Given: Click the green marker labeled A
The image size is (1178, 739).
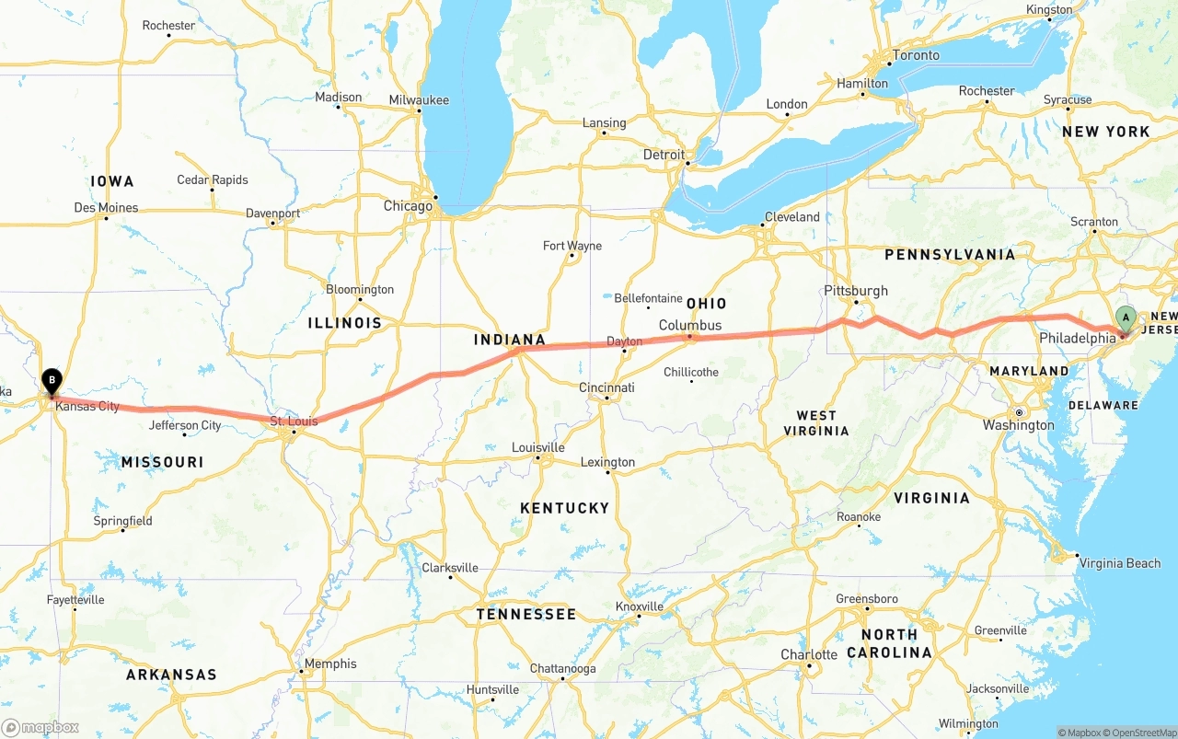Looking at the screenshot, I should [1125, 319].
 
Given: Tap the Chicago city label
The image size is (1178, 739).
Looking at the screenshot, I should [408, 206].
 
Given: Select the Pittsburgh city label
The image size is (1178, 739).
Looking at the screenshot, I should [856, 291].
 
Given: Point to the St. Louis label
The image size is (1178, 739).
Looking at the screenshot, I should [294, 421].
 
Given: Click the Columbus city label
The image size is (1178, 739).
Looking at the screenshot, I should [690, 326].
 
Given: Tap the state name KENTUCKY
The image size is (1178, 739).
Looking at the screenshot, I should [564, 508].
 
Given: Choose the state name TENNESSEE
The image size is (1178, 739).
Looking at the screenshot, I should [525, 614].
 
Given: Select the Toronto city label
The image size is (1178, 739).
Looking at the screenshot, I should [916, 55].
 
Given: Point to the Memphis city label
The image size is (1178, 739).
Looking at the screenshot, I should [330, 664].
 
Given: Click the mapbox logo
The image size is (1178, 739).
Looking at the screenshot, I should [40, 727].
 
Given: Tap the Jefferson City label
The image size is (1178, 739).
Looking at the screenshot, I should [186, 425].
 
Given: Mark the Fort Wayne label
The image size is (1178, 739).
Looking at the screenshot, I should [572, 246].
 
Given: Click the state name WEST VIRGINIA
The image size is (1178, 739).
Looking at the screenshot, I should [816, 423].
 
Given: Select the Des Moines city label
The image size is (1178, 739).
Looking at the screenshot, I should [106, 208].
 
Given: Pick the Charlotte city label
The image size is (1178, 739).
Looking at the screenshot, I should [809, 654].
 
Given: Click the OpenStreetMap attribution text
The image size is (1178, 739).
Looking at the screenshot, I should [1140, 733].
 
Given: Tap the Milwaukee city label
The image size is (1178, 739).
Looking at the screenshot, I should [419, 100].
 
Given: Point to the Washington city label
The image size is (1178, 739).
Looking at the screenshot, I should [1018, 425].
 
